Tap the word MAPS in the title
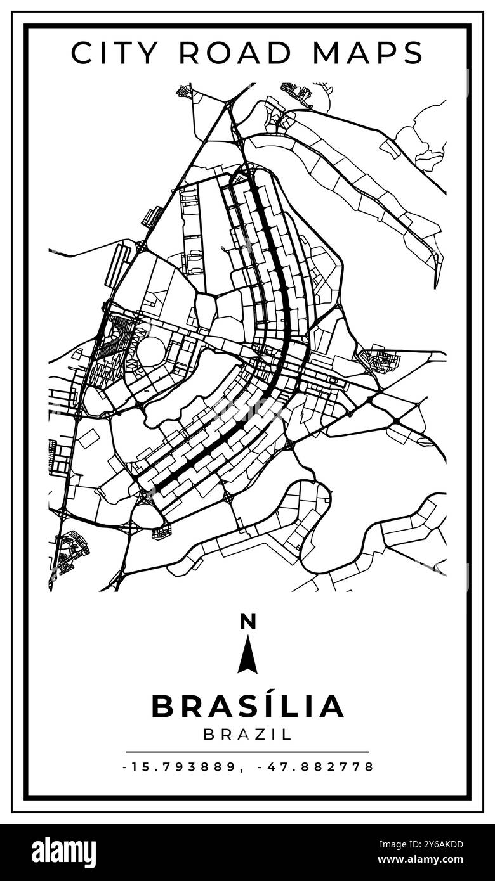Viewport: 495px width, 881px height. pos(367,53)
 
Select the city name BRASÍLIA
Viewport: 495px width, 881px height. pos(247,705)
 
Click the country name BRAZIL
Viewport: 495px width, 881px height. pos(247,735)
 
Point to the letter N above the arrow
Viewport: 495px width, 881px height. pos(247,622)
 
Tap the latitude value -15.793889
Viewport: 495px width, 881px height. pos(180,767)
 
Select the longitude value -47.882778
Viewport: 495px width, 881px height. pos(315,767)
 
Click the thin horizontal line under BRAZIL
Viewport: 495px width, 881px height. pos(247,752)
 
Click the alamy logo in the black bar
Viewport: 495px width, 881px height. pos(63,852)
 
